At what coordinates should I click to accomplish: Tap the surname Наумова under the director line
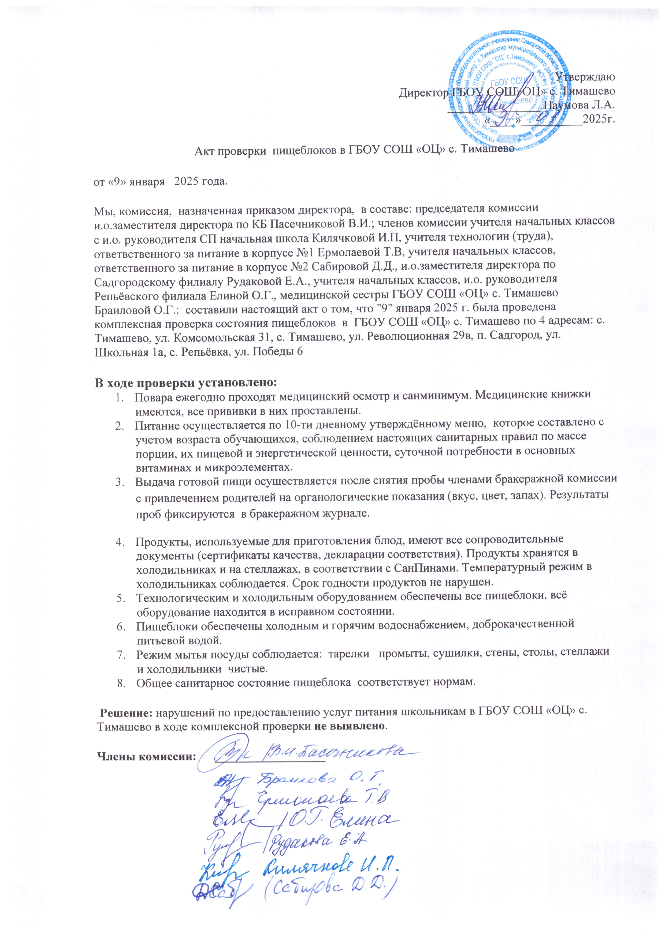pos(574,104)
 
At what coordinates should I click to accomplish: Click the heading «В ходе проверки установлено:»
pos(186,383)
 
